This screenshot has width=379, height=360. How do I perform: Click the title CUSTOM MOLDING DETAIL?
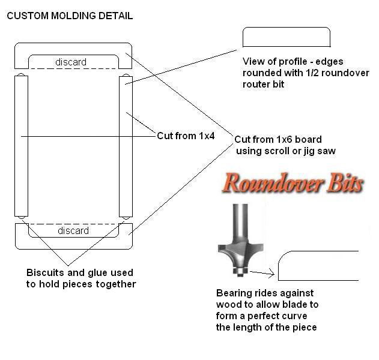70,16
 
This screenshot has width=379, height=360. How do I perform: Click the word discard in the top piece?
71,62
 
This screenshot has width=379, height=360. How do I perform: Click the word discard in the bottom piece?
73,230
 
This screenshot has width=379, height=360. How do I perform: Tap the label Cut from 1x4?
186,136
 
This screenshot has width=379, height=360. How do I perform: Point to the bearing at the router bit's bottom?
240,271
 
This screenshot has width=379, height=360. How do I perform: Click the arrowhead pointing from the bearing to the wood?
271,274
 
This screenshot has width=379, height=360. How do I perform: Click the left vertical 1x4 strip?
21,146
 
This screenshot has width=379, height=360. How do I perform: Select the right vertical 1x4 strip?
126,146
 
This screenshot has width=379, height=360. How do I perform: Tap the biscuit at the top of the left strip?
21,74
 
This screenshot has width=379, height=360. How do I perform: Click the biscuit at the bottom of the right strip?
126,218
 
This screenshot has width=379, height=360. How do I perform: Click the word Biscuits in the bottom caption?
45,272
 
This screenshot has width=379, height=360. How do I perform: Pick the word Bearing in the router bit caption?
232,293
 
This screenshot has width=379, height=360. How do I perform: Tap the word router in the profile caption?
255,85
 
